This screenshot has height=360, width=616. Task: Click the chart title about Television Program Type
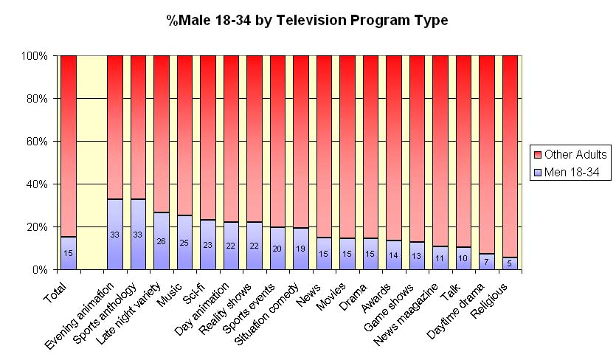[x=307, y=21]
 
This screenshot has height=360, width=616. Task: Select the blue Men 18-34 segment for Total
[x=68, y=253]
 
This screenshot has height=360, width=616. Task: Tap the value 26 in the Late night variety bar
[x=161, y=240]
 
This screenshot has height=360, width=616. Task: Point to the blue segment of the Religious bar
[x=510, y=263]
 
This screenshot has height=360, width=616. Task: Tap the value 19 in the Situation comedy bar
[x=300, y=249]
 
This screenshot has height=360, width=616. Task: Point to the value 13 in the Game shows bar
[x=416, y=256]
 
